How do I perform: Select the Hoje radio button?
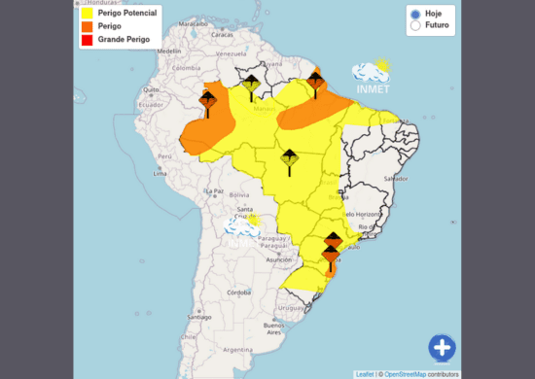[x=415, y=15]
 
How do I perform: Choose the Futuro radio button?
[x=415, y=27]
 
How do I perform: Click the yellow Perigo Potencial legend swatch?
[x=87, y=15]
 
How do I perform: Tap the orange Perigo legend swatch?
[x=87, y=27]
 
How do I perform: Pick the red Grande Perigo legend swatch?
[x=87, y=41]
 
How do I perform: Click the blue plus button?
[x=442, y=347]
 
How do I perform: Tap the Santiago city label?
[x=200, y=317]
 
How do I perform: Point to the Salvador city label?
[x=395, y=179]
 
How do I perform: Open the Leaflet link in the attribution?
[x=364, y=373]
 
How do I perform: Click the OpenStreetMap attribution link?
[x=405, y=373]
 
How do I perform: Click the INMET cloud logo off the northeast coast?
[x=371, y=73]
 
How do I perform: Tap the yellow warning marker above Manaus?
[x=251, y=87]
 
